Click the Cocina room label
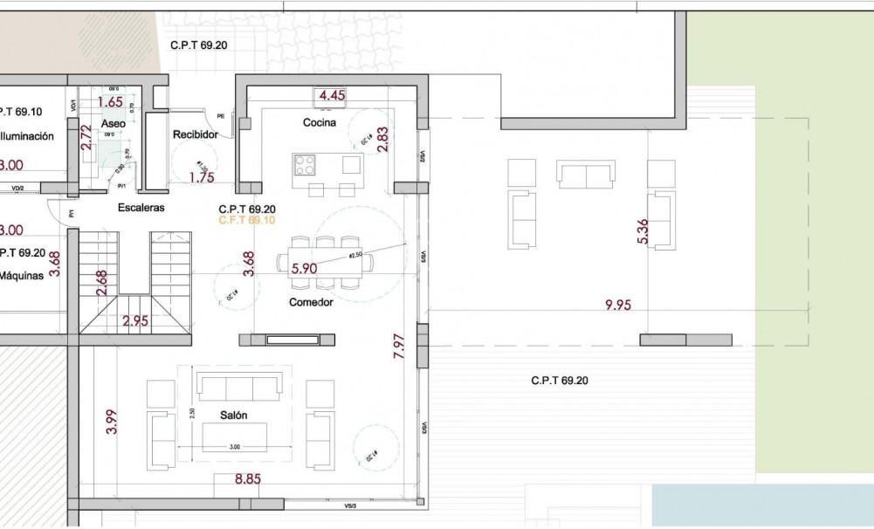[x=320, y=122]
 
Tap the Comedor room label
[x=312, y=302]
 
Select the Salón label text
[x=233, y=416]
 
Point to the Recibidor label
[x=195, y=134]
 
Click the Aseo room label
[x=113, y=125]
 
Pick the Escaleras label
[x=141, y=208]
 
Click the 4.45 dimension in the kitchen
[x=333, y=95]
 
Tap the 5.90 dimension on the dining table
[x=303, y=269]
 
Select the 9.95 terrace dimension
[x=618, y=305]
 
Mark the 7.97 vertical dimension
[x=399, y=347]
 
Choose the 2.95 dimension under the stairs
[x=135, y=320]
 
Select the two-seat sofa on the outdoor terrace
[x=587, y=175]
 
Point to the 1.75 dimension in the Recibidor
[x=202, y=177]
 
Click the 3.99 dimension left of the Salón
[x=111, y=422]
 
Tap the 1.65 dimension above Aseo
[x=110, y=101]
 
